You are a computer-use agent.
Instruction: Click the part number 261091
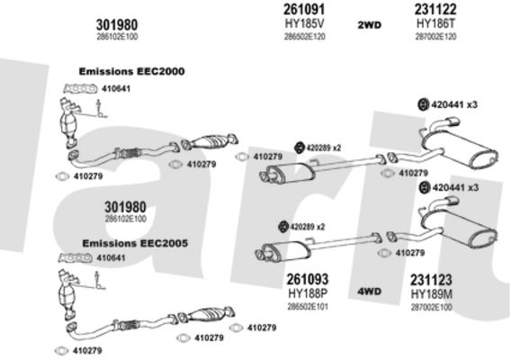click(x=304, y=9)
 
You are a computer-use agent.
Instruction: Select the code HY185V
click(x=305, y=23)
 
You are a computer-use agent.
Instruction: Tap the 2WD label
click(x=369, y=25)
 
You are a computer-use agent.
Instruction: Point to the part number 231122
click(x=435, y=9)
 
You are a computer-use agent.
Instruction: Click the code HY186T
click(x=435, y=23)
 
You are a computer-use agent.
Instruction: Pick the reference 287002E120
click(x=435, y=37)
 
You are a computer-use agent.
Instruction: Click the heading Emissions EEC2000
click(x=131, y=71)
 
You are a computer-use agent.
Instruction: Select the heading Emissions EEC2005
click(x=135, y=243)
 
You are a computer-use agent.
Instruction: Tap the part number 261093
click(x=308, y=279)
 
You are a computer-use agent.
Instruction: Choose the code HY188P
click(x=308, y=293)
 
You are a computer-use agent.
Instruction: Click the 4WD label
click(x=369, y=292)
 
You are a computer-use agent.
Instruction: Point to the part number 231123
click(x=431, y=280)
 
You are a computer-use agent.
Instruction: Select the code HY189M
click(x=431, y=294)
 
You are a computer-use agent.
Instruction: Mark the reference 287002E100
click(x=431, y=308)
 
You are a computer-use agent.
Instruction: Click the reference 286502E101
click(x=308, y=307)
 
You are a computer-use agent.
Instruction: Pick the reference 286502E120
click(x=305, y=37)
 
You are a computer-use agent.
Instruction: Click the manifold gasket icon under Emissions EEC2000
click(x=80, y=88)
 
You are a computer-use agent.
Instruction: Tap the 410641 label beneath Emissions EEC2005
click(x=111, y=258)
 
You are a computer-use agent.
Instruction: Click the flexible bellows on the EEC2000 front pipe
click(x=131, y=153)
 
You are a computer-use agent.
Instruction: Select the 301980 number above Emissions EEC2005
click(x=125, y=207)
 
